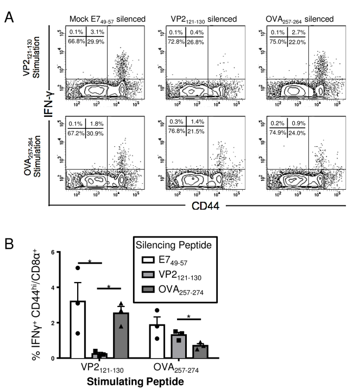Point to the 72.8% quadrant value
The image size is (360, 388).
click(x=179, y=40)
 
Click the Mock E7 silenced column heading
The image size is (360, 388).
click(x=108, y=20)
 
